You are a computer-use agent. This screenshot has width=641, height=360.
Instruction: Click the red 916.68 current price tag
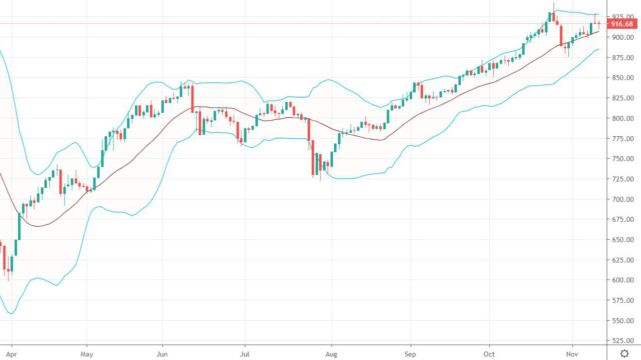(x=622, y=24)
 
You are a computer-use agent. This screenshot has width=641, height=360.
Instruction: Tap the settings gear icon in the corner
(x=625, y=353)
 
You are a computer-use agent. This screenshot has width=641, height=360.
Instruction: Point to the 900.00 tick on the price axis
(x=622, y=37)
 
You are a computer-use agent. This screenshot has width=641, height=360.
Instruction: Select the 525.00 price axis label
(x=622, y=341)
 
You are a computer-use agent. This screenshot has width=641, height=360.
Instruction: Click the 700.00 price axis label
(x=622, y=199)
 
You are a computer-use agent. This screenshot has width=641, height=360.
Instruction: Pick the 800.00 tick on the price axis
(x=622, y=118)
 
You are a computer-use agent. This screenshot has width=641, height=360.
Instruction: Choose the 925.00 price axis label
(x=622, y=17)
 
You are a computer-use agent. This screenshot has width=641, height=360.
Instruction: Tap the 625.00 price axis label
(x=622, y=260)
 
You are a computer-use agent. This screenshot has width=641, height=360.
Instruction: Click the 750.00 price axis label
(x=622, y=159)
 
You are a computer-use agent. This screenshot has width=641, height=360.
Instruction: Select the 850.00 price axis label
(x=622, y=78)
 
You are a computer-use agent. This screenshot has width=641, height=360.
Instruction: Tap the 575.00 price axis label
(x=622, y=300)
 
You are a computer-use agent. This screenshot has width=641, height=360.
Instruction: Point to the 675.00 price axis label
(x=622, y=219)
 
